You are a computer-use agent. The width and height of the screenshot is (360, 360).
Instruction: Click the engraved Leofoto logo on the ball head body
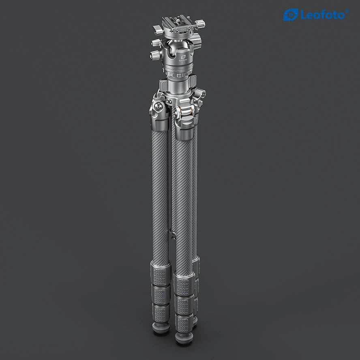(x=182, y=57)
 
